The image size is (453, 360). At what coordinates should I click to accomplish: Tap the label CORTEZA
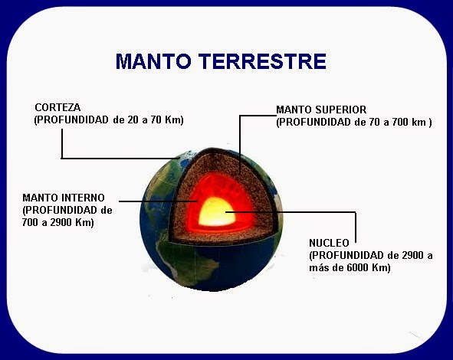[x=57, y=108]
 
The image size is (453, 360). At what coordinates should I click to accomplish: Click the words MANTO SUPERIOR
[x=327, y=110]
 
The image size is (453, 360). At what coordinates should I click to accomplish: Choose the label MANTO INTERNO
[x=64, y=198]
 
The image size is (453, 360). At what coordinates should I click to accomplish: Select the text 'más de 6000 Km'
[x=350, y=267]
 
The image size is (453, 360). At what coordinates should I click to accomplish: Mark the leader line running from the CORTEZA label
[x=115, y=159]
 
